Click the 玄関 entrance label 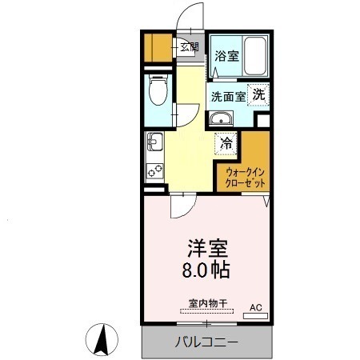pyautogui.click(x=189, y=47)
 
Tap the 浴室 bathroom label pyautogui.click(x=226, y=56)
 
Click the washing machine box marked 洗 pyautogui.click(x=258, y=94)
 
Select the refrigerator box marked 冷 pyautogui.click(x=227, y=144)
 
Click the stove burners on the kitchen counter pyautogui.click(x=153, y=170)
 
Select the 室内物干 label pyautogui.click(x=207, y=303)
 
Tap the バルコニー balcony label pyautogui.click(x=206, y=342)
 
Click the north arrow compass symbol pyautogui.click(x=103, y=340)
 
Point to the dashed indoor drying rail pyautogui.click(x=207, y=313)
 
